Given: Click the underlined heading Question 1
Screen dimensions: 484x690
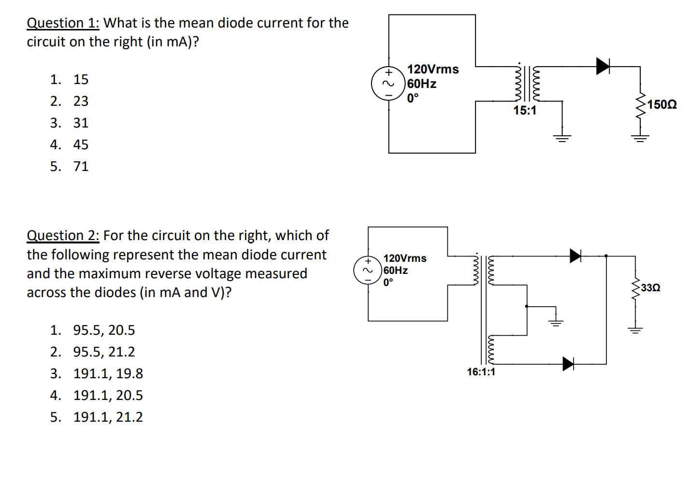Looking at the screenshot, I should click(x=63, y=23).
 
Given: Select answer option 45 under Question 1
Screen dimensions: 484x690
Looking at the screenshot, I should click(x=81, y=144).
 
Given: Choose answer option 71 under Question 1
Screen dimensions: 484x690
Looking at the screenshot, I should click(x=81, y=166).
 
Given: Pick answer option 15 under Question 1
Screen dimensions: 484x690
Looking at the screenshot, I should click(x=81, y=79).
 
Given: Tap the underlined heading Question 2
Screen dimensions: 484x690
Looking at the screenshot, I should click(x=63, y=236).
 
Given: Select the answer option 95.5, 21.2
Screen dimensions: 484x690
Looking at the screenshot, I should click(x=104, y=352).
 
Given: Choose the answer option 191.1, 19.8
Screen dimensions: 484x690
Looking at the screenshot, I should click(x=108, y=373).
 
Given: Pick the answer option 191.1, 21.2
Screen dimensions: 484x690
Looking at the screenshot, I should click(x=108, y=417).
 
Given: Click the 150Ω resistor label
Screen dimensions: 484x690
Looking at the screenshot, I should click(x=662, y=104).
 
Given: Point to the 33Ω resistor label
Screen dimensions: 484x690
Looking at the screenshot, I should click(x=650, y=288).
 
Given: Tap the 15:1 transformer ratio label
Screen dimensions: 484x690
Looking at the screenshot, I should click(x=525, y=111).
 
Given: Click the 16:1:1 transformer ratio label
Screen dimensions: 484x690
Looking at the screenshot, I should click(x=481, y=372).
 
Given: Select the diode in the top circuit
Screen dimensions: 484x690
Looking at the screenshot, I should click(x=603, y=66).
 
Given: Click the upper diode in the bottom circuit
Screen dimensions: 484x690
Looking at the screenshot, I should click(x=575, y=256).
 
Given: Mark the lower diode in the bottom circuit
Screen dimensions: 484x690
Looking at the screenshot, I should click(x=568, y=364).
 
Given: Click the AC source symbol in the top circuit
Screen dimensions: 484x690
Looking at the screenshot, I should click(x=388, y=84).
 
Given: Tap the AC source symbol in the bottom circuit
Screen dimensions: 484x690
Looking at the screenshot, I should click(x=368, y=270).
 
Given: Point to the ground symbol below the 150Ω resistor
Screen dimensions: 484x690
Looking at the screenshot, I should click(x=640, y=139).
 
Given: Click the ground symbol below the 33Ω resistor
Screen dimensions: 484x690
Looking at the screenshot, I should click(x=635, y=330).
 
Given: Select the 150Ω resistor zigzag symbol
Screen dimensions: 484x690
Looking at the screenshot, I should click(x=640, y=107).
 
